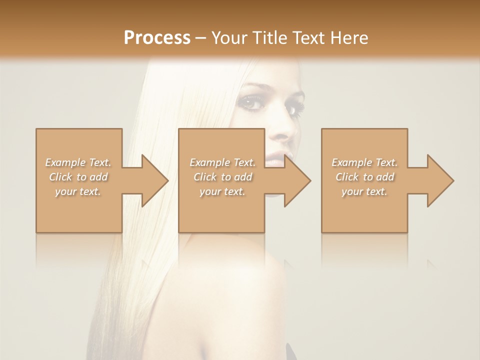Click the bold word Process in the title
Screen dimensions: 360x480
157,37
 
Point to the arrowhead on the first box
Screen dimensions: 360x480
153,180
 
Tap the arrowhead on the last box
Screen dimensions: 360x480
439,180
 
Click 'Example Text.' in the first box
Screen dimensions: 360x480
78,162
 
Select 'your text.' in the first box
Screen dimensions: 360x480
78,191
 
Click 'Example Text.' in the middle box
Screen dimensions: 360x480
222,162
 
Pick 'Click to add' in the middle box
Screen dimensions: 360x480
222,177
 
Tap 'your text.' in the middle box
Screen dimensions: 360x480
222,191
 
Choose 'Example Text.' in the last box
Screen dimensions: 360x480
364,162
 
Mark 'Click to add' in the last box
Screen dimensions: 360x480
364,177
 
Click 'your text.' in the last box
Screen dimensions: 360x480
364,191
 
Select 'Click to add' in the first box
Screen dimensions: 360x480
78,177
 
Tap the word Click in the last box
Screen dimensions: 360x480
347,177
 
